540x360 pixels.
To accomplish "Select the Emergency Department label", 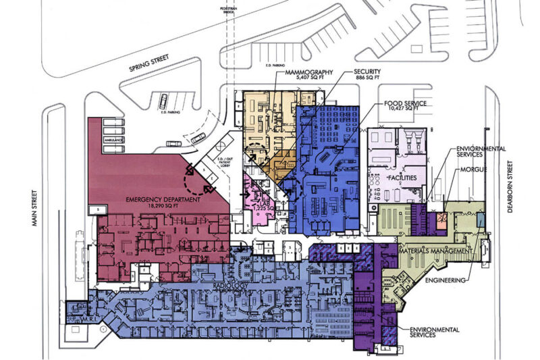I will pos(164,200).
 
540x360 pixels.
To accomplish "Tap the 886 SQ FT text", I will pos(367,79).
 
